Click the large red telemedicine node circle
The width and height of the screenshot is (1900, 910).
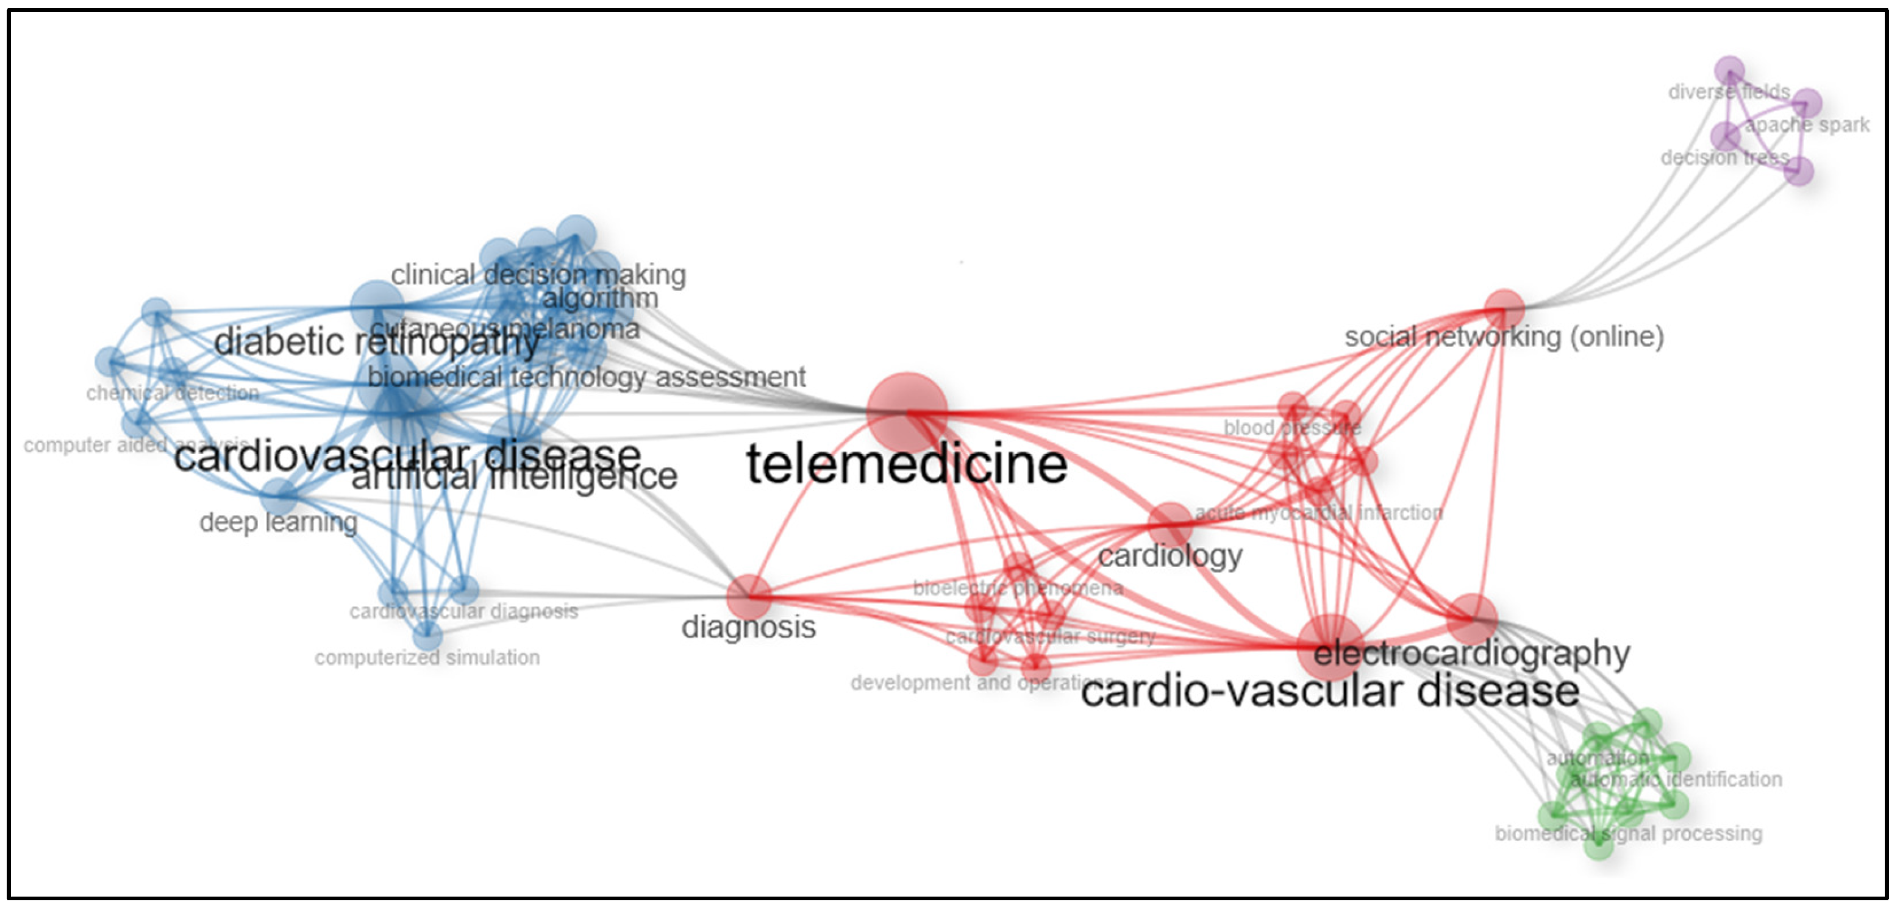coord(907,412)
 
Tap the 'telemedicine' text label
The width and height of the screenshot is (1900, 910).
coord(907,464)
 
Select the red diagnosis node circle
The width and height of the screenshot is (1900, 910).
coord(749,597)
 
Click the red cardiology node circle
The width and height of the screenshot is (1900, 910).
coord(1170,524)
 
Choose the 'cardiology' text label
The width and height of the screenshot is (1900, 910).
coord(1170,556)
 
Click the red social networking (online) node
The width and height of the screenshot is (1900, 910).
coord(1504,308)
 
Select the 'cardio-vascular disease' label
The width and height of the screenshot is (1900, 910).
coord(1330,692)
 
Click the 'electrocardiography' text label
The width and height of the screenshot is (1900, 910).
coord(1471,653)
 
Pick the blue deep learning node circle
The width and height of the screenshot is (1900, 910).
coord(279,496)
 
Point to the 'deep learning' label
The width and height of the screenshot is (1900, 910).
coord(278,523)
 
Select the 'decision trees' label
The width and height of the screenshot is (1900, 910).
coord(1724,158)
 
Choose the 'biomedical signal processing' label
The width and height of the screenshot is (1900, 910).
coord(1629,833)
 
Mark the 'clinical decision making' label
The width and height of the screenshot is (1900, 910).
coord(538,275)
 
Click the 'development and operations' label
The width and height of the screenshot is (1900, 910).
coord(981,683)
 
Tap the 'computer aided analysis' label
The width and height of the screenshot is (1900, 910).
coord(137,446)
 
